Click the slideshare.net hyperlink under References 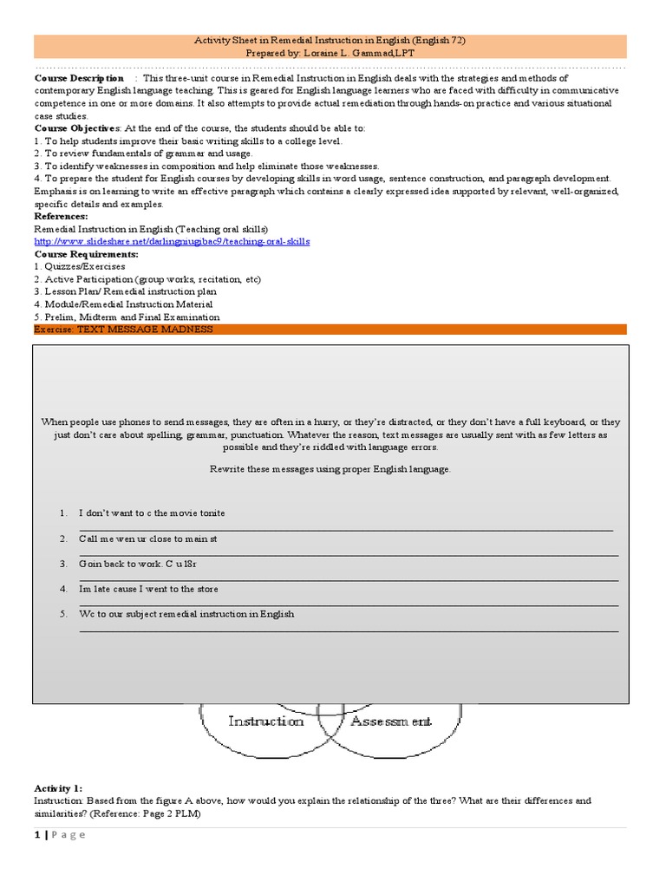(172, 241)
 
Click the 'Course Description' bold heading (79, 78)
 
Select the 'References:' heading (61, 216)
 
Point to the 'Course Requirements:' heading (86, 254)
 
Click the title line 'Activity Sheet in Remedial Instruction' (334, 40)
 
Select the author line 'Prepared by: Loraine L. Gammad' (334, 52)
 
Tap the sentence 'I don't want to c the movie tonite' (152, 513)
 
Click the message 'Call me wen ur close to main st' (147, 539)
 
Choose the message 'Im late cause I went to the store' (148, 589)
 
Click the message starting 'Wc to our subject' (186, 614)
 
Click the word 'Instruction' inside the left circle (266, 721)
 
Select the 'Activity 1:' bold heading (58, 787)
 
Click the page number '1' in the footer (38, 834)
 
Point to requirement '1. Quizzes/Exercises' (80, 267)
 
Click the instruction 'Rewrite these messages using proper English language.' (330, 468)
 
